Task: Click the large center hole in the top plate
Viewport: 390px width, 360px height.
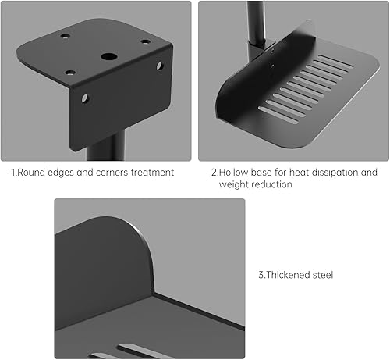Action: coord(106,58)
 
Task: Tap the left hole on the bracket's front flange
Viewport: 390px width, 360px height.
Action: coord(84,98)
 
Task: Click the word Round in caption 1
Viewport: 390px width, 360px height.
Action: coord(35,173)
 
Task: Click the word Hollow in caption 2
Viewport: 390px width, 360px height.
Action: coord(239,173)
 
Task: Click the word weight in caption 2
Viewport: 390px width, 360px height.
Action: coord(233,185)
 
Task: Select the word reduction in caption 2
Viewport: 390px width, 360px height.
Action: coord(274,185)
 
